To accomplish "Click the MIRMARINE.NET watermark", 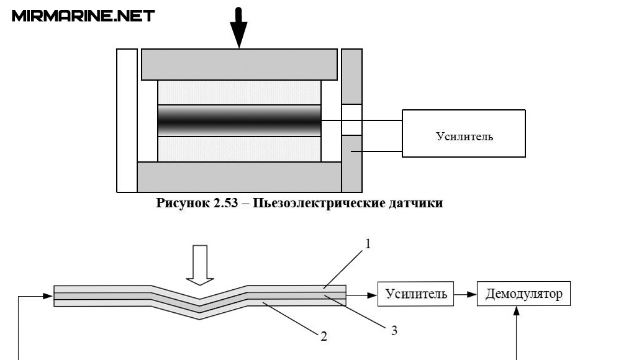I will click(x=83, y=16).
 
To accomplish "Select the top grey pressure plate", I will click(x=239, y=64).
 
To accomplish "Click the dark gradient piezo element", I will click(x=239, y=120).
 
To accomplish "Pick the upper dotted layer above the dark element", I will click(x=239, y=92).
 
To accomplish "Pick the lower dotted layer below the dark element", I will click(x=239, y=149).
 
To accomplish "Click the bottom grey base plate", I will click(x=239, y=177).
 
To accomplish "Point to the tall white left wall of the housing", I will click(x=127, y=120).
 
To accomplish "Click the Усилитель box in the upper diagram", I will click(x=464, y=133).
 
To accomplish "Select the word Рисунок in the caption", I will click(x=183, y=204).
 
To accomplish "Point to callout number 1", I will click(x=368, y=245).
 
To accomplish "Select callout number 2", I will click(x=324, y=337).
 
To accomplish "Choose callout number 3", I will click(x=394, y=330).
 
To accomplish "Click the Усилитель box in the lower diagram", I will click(x=416, y=294).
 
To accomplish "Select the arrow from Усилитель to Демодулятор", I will click(x=466, y=294).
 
